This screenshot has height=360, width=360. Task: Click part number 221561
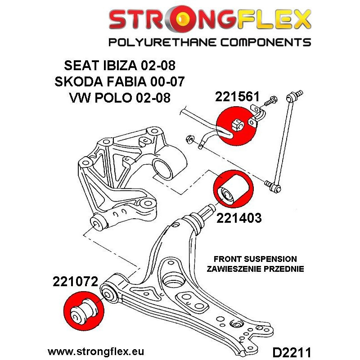[x=237, y=96]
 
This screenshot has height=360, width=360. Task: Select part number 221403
[x=239, y=218]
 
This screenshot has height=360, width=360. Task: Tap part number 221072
[x=76, y=281]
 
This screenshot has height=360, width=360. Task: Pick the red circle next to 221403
[x=233, y=189]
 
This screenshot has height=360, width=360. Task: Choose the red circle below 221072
[x=84, y=311]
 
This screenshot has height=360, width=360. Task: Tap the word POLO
[x=113, y=98]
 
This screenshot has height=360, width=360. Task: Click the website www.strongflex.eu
[x=96, y=351]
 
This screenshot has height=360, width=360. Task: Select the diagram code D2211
[x=292, y=352]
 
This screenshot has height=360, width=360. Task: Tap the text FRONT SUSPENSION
[x=255, y=259]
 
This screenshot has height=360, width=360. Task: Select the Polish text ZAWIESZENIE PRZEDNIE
[x=255, y=269]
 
